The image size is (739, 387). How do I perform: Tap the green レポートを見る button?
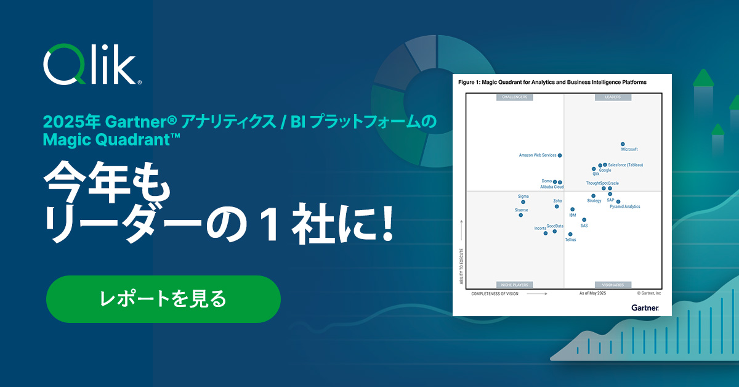163,299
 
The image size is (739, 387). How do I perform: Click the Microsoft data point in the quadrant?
623,144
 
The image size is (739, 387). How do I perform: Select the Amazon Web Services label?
537,155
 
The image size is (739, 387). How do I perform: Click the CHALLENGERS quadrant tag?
515,97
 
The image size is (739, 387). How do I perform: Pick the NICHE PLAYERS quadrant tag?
515,285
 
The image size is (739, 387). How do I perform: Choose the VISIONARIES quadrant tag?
612,285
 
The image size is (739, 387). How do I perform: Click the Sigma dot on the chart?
523,202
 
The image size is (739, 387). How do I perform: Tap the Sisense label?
521,210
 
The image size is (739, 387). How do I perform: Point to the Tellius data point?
570,234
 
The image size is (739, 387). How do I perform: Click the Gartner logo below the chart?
645,308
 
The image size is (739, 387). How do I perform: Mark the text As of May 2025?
592,294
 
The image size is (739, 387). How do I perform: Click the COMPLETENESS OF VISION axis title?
495,294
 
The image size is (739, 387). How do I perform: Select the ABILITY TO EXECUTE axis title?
461,265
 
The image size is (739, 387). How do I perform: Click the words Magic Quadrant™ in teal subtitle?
111,140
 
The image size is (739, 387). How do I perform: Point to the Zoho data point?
557,206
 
